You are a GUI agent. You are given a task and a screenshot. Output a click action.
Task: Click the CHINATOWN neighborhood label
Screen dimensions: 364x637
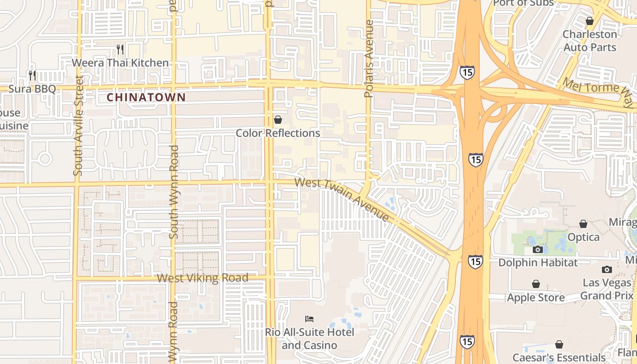[146, 97]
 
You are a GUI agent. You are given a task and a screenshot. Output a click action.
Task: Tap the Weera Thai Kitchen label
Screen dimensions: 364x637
[120, 63]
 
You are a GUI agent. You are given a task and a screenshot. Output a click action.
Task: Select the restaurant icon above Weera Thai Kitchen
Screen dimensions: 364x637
[120, 49]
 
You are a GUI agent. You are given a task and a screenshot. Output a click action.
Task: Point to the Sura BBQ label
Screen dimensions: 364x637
[32, 88]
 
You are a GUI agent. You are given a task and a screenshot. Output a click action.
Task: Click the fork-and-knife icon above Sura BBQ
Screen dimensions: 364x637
[32, 75]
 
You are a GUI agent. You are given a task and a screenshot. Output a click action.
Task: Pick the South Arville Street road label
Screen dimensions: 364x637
[78, 126]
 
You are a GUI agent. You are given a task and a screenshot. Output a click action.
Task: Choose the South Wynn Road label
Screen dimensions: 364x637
[173, 192]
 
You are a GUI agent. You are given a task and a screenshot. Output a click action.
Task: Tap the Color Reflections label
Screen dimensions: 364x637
[278, 133]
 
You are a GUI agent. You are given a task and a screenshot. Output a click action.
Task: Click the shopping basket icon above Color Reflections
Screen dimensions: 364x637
[278, 120]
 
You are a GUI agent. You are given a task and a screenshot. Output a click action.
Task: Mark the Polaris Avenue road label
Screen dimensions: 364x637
[369, 58]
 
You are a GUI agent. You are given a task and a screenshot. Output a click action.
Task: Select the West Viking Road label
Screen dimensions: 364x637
[203, 278]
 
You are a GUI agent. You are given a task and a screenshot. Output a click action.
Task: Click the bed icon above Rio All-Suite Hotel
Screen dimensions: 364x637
[309, 318]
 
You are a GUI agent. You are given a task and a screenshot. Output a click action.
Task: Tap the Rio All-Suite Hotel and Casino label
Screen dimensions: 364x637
[309, 339]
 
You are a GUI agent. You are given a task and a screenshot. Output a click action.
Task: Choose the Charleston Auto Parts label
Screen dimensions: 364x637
[590, 40]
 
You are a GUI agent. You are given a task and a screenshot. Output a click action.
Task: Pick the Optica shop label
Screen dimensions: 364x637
[583, 237]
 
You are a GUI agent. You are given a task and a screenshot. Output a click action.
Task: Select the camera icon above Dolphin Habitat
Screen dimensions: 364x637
[538, 249]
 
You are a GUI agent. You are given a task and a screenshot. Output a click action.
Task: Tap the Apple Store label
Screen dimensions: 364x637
[536, 298]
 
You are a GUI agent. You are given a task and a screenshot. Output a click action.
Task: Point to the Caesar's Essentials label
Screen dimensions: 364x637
[559, 357]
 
